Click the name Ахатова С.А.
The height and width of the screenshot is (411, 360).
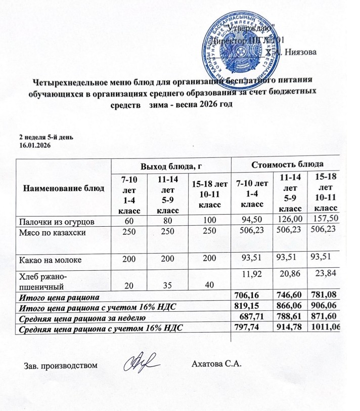tap(218, 364)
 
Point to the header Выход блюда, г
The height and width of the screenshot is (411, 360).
tap(170, 166)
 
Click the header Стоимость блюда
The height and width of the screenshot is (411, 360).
tap(289, 163)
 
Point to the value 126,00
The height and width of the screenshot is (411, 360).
tap(289, 219)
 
